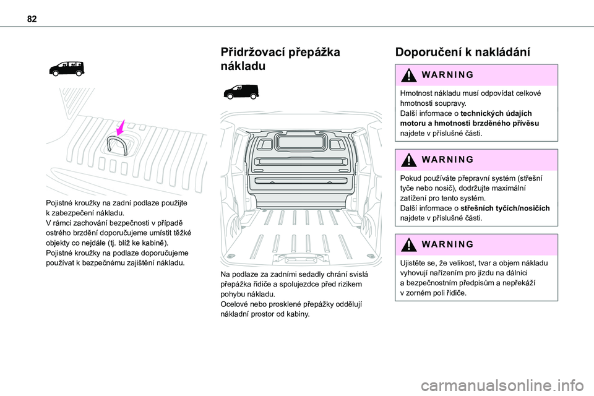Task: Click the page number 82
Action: tap(32, 19)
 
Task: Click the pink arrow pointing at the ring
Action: tap(121, 127)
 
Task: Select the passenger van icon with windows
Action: tap(67, 69)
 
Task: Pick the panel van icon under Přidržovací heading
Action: tap(241, 92)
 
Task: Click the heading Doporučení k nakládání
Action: tap(463, 52)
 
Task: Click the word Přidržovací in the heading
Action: tap(252, 52)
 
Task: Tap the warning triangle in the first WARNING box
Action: tap(408, 75)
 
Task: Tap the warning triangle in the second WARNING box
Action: tap(408, 160)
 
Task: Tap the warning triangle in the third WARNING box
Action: tap(408, 245)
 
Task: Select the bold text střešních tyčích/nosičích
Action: tap(505, 208)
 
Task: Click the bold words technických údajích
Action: tap(496, 113)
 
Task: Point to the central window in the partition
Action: tap(301, 142)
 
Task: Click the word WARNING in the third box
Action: tap(447, 244)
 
